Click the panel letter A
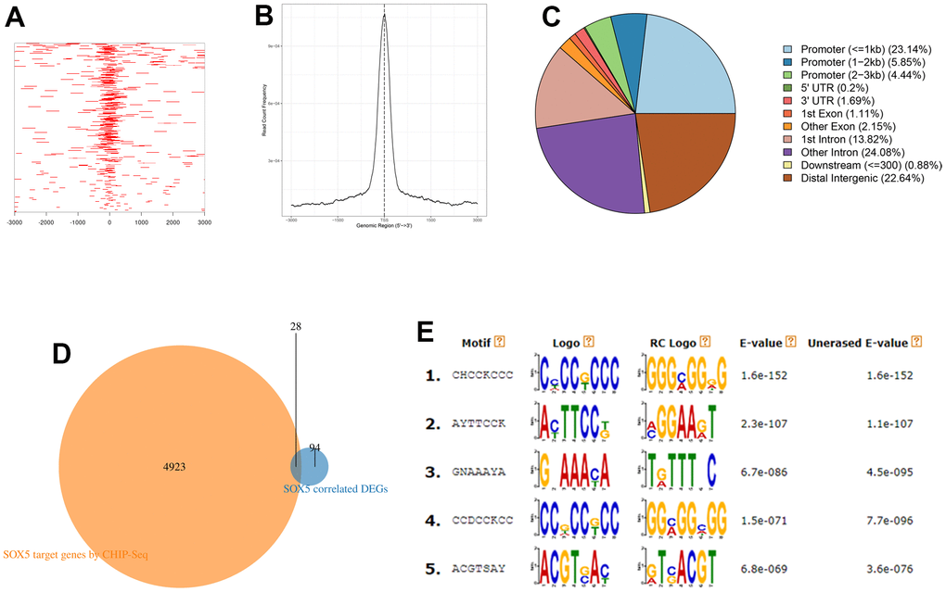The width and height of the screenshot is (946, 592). tap(15, 19)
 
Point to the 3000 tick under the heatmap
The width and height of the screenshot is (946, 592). tap(204, 223)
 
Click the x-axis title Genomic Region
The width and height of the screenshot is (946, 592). tap(384, 225)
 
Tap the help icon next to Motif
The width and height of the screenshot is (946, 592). tap(499, 343)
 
